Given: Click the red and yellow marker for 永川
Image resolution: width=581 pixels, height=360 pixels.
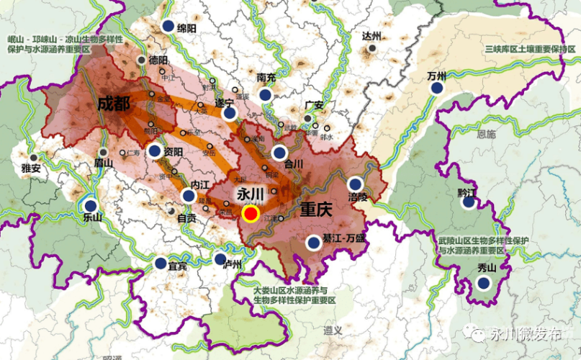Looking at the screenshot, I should pyautogui.click(x=251, y=213).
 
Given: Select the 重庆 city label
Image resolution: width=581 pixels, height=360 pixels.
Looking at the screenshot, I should pyautogui.click(x=315, y=210).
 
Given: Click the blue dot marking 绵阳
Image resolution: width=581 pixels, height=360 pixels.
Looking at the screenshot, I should pyautogui.click(x=168, y=27).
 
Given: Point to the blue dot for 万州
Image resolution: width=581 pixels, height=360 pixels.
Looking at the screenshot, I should pyautogui.click(x=436, y=88).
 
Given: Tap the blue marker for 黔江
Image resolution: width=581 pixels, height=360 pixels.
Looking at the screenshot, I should pyautogui.click(x=469, y=202).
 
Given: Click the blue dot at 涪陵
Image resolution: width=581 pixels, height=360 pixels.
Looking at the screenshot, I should pyautogui.click(x=354, y=184).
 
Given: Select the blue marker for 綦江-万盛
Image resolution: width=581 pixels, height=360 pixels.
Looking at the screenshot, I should pyautogui.click(x=313, y=243).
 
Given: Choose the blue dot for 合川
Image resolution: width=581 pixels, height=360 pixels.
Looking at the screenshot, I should pyautogui.click(x=279, y=153).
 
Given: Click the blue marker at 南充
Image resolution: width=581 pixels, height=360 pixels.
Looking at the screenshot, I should pyautogui.click(x=266, y=94).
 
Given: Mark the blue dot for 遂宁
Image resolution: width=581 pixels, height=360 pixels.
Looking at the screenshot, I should pyautogui.click(x=229, y=113).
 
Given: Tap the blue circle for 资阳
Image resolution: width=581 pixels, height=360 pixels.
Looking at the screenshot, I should pyautogui.click(x=155, y=151).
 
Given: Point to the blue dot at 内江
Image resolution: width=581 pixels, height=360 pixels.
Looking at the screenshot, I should pyautogui.click(x=189, y=195).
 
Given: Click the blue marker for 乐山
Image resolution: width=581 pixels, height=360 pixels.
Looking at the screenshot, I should pyautogui.click(x=91, y=206).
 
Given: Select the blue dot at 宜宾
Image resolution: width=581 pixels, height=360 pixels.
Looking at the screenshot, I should pyautogui.click(x=160, y=264).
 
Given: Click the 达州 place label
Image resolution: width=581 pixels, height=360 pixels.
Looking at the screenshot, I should pyautogui.click(x=371, y=36).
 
